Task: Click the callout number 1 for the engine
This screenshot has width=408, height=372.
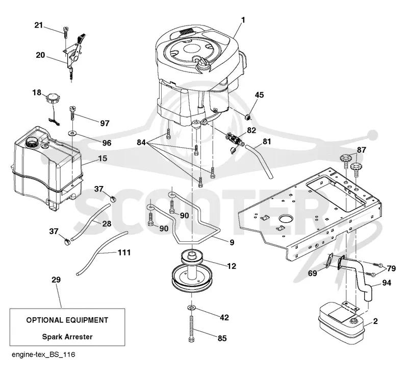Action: [x=243, y=20]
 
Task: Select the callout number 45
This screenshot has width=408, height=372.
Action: [x=259, y=95]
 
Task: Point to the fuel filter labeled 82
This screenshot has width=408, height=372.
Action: [x=235, y=138]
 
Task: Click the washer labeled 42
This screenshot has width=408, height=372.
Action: [x=191, y=307]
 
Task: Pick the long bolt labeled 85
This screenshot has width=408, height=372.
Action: [x=191, y=328]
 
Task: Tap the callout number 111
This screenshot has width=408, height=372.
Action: [x=124, y=252]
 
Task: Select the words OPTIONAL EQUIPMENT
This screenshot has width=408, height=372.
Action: [x=67, y=320]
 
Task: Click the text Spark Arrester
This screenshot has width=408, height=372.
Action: [x=67, y=337]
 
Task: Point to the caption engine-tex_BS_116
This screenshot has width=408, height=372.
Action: [x=43, y=355]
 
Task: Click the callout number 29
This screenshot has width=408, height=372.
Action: [x=56, y=280]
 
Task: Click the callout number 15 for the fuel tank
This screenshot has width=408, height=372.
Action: [x=103, y=158]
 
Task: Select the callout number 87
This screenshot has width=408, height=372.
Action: [x=362, y=150]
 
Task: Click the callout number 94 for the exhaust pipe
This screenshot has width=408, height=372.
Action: [x=387, y=283]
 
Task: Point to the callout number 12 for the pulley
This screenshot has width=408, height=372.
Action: [x=232, y=266]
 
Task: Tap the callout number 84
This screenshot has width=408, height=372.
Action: [x=141, y=143]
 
